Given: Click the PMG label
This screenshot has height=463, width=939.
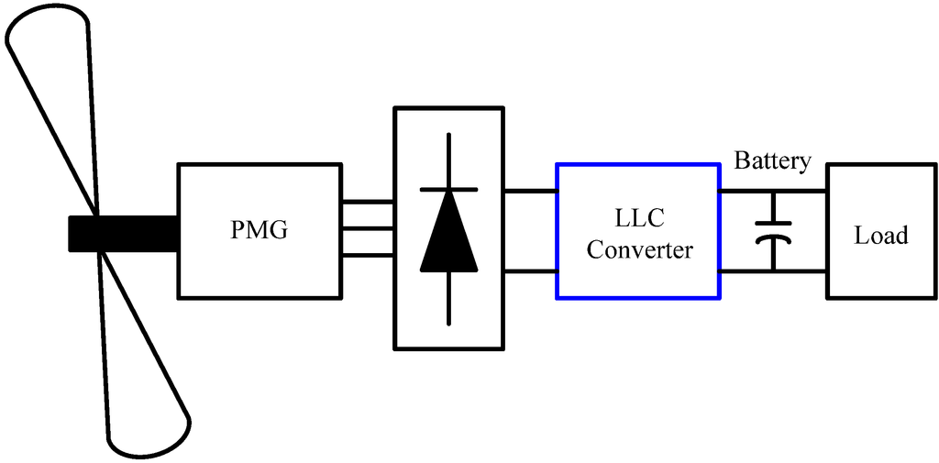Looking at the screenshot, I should (259, 230).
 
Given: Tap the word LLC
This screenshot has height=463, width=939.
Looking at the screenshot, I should (638, 218).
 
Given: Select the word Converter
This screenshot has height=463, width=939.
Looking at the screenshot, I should (638, 249).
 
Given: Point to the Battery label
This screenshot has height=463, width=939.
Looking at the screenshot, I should (773, 162).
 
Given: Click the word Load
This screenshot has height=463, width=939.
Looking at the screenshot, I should (880, 236).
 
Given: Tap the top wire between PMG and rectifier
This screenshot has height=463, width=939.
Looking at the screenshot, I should (368, 202).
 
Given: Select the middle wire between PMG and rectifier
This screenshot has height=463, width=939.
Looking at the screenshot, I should (368, 228).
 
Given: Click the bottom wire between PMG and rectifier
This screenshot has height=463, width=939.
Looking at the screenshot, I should (368, 255).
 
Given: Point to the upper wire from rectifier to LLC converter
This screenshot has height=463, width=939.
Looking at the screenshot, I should (530, 192).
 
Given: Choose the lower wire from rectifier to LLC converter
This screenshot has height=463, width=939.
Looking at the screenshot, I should (530, 271).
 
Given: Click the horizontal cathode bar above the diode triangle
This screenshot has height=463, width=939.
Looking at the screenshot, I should (448, 189).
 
